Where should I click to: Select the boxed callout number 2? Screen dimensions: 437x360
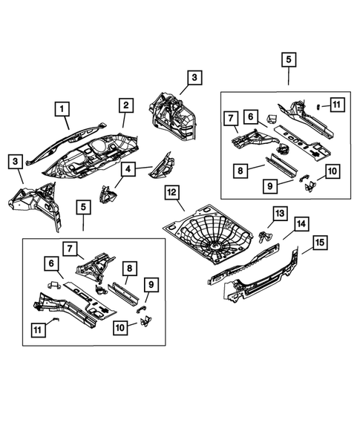pos(125,105)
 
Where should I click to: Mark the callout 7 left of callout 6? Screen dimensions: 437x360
pos(229,117)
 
